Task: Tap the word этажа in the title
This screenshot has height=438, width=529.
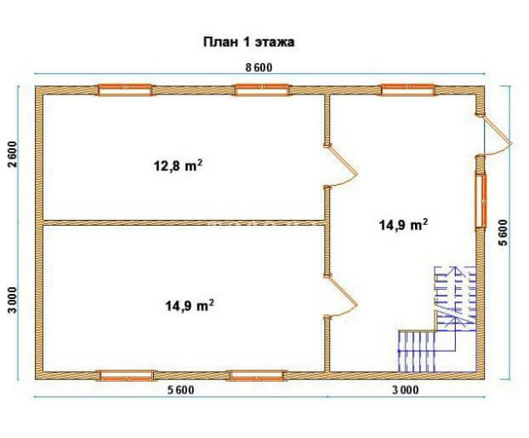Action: (275, 43)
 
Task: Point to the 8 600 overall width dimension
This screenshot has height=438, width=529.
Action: (259, 67)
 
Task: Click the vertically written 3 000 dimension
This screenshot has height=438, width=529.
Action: (13, 300)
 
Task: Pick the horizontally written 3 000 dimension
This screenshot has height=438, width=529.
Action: (406, 390)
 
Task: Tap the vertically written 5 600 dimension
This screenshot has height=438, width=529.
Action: (503, 233)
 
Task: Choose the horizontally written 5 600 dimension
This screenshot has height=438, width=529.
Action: (181, 390)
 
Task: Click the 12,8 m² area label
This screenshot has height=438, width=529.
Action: (178, 165)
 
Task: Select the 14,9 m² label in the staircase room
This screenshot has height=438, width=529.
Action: (404, 224)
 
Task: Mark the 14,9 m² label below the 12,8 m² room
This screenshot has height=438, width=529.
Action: (190, 306)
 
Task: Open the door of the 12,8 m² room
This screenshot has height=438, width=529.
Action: (340, 166)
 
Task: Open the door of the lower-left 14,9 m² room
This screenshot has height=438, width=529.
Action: (340, 296)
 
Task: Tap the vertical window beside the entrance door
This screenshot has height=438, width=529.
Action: (481, 201)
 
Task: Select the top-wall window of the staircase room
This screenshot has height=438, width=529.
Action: (408, 90)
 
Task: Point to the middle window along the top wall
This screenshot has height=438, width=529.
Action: (262, 90)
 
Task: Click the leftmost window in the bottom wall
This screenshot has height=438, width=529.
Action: (126, 376)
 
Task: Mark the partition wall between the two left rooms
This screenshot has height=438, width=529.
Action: (184, 222)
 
